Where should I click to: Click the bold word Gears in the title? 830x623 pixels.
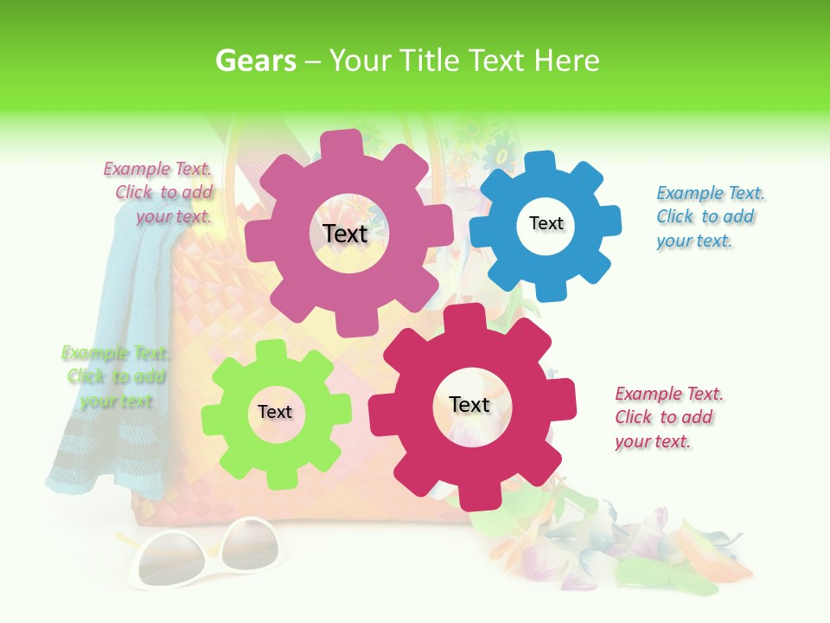click(x=255, y=61)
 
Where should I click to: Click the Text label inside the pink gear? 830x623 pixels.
click(x=345, y=234)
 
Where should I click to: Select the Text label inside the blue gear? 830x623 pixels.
click(x=546, y=223)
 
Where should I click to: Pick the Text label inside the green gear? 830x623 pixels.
click(x=275, y=412)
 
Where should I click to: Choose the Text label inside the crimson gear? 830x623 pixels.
click(x=469, y=404)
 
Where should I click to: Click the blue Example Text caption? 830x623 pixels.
click(x=710, y=217)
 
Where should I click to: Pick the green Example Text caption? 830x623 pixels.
click(x=116, y=377)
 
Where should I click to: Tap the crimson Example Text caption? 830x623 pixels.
click(x=668, y=417)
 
